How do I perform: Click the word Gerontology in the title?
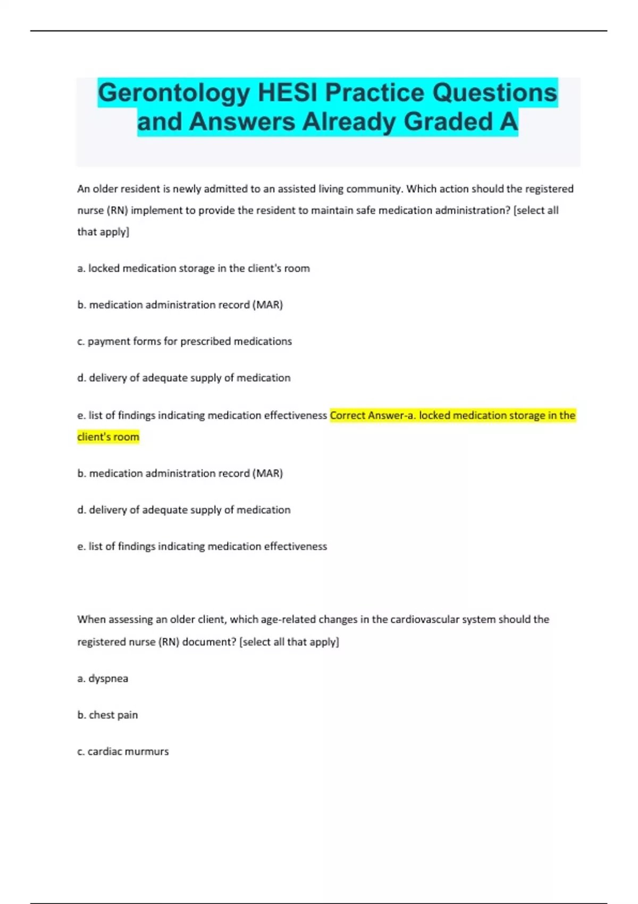(173, 93)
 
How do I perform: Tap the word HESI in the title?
(288, 93)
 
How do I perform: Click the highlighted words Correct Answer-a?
(373, 415)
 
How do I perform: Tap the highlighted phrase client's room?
(108, 437)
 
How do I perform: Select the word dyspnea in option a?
(108, 679)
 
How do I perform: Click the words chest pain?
(113, 715)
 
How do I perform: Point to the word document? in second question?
(209, 642)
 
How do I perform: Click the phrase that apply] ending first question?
(103, 232)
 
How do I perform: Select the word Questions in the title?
(494, 93)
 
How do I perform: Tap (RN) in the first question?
(117, 211)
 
